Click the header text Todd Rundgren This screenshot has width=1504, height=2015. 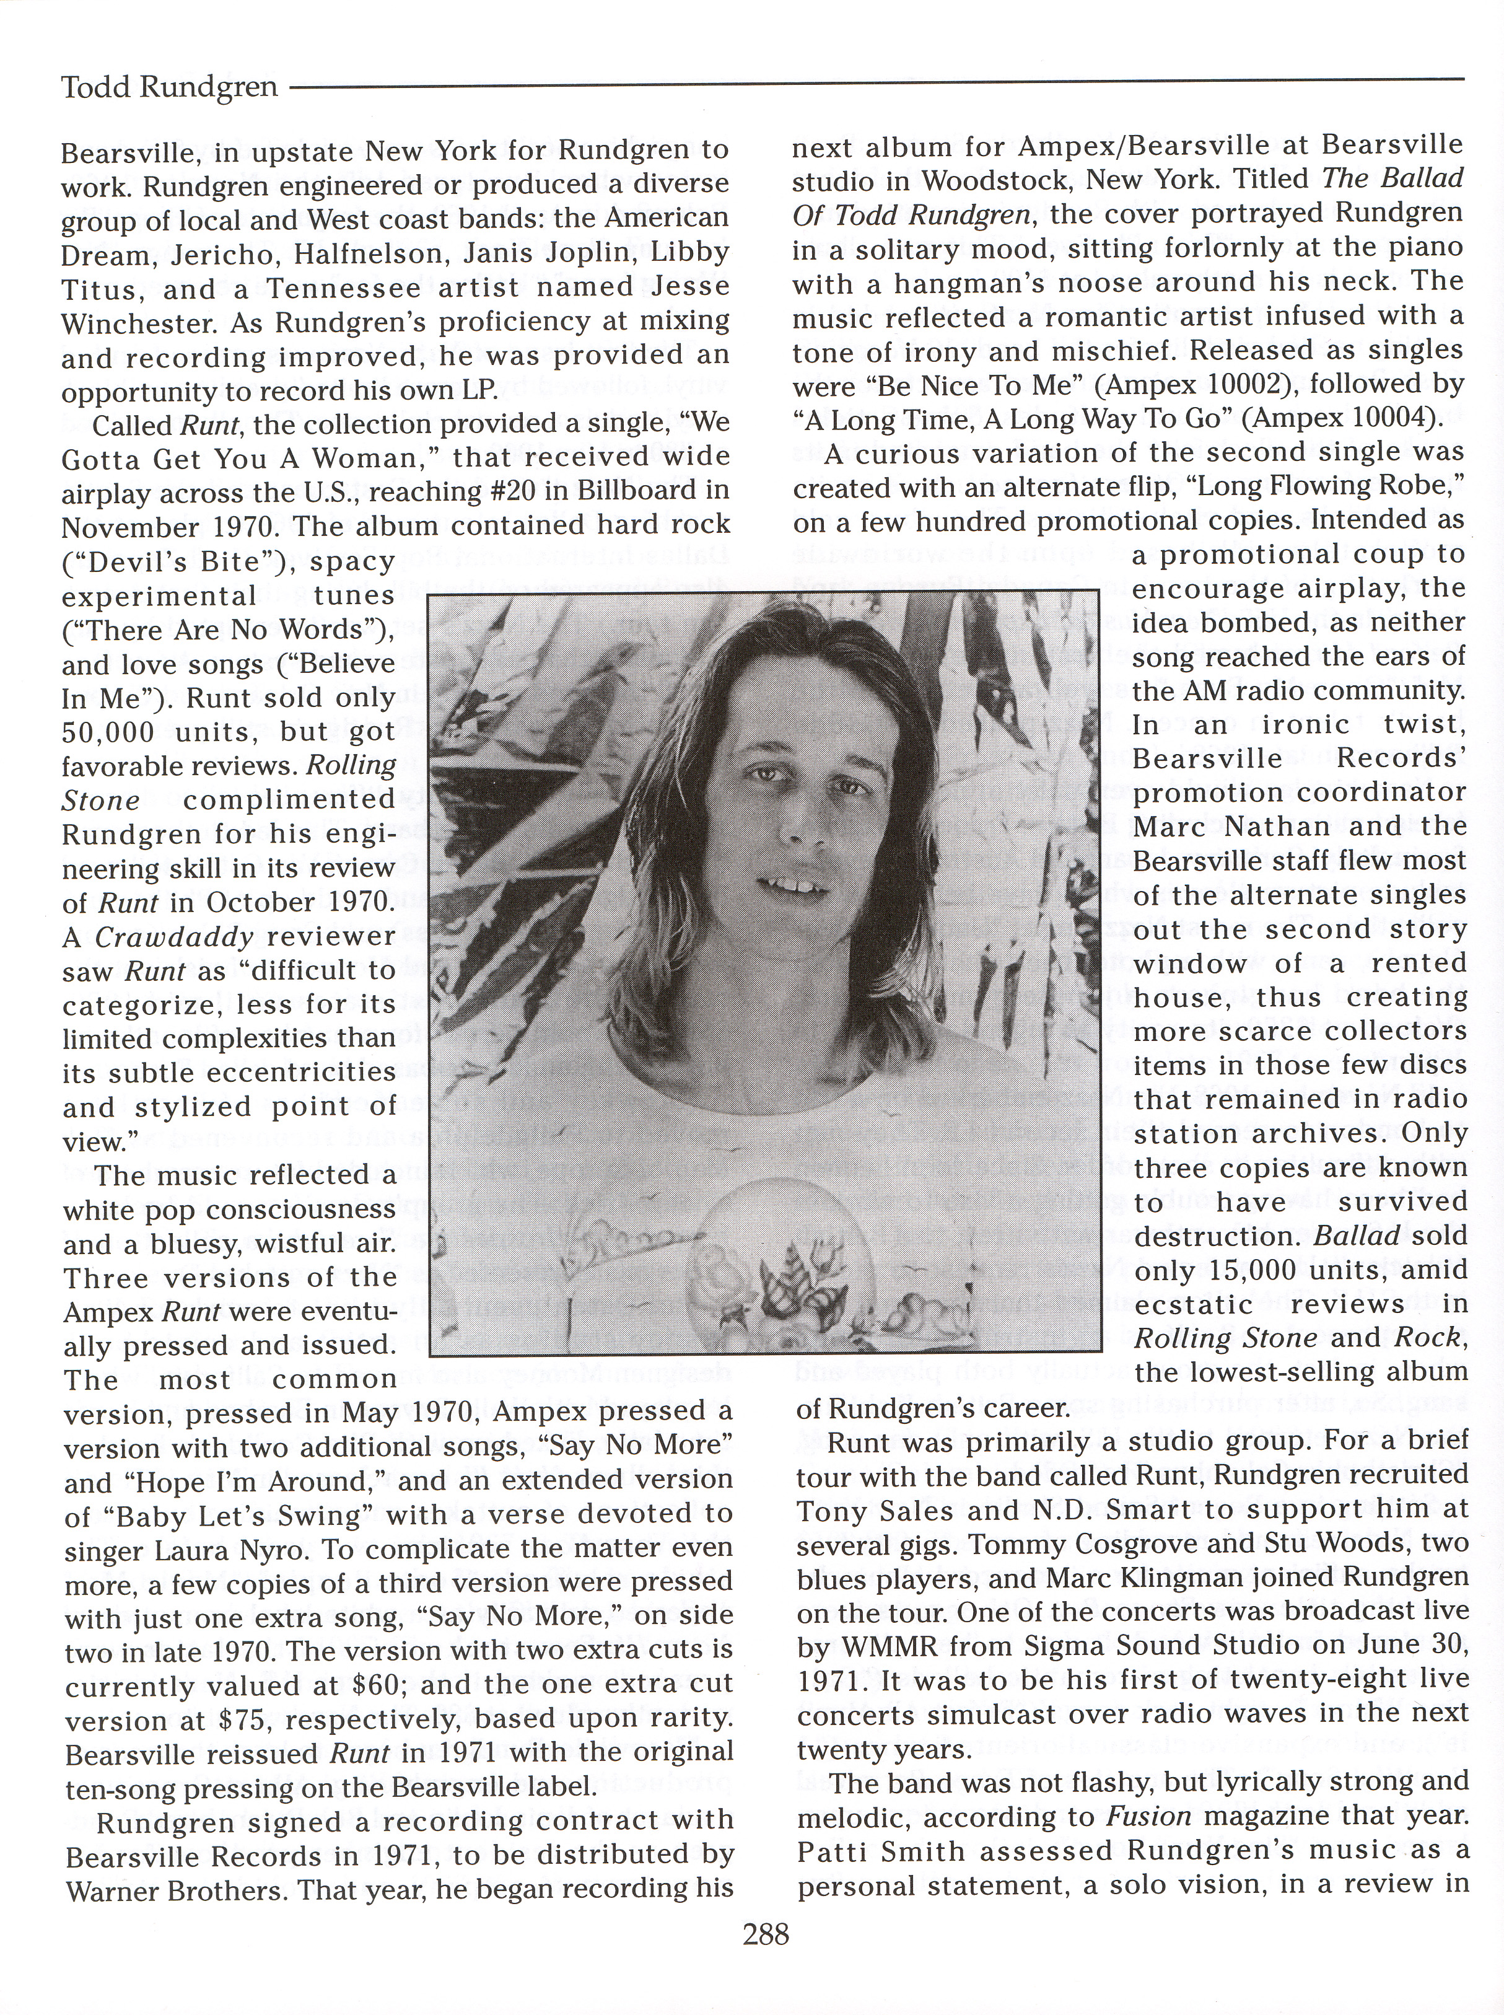pyautogui.click(x=168, y=87)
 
